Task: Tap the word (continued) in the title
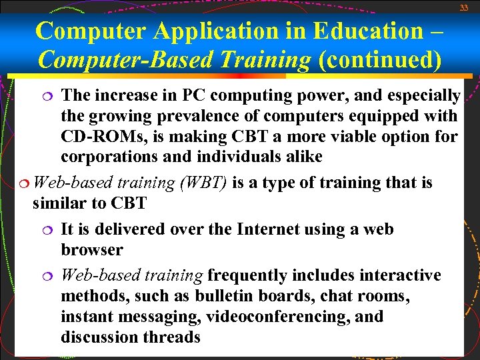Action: pyautogui.click(x=380, y=60)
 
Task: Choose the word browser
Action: pyautogui.click(x=91, y=250)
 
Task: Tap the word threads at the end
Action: pyautogui.click(x=171, y=337)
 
